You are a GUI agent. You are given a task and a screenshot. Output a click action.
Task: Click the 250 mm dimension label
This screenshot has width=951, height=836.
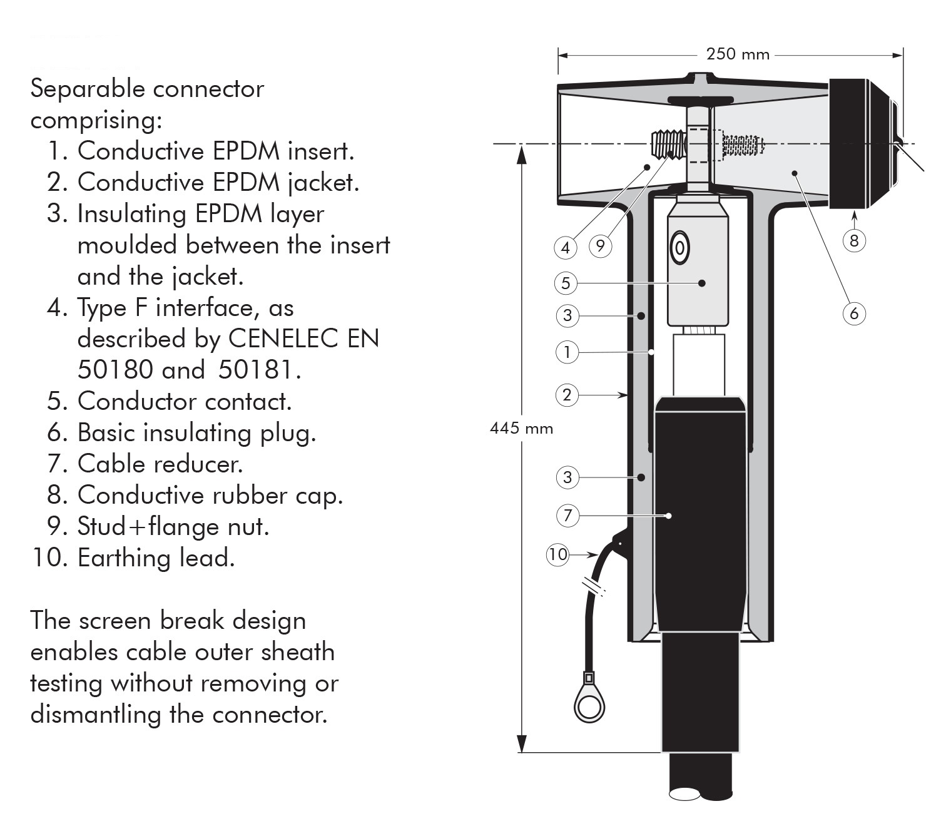point(738,54)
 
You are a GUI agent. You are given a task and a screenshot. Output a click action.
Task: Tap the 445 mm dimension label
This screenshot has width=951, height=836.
point(521,428)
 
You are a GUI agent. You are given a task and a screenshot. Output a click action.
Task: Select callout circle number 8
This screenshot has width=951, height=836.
point(854,240)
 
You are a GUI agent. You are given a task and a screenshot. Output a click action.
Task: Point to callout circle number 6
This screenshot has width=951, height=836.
point(854,313)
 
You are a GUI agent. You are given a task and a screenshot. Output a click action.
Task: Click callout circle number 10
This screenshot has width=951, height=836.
point(557,554)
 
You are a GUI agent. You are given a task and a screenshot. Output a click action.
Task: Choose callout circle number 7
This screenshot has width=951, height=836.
point(567,516)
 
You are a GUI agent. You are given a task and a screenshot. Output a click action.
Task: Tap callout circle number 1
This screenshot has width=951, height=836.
point(567,352)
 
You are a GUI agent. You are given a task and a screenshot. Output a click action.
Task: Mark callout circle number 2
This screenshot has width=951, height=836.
point(567,395)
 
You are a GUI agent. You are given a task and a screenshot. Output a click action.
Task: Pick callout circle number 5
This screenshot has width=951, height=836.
point(566,283)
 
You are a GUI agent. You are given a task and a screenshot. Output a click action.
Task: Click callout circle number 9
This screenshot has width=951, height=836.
point(601,246)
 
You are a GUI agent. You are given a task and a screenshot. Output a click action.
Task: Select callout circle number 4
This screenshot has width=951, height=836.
point(566,248)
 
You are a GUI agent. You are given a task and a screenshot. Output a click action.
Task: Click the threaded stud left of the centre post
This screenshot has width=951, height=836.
point(668,144)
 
